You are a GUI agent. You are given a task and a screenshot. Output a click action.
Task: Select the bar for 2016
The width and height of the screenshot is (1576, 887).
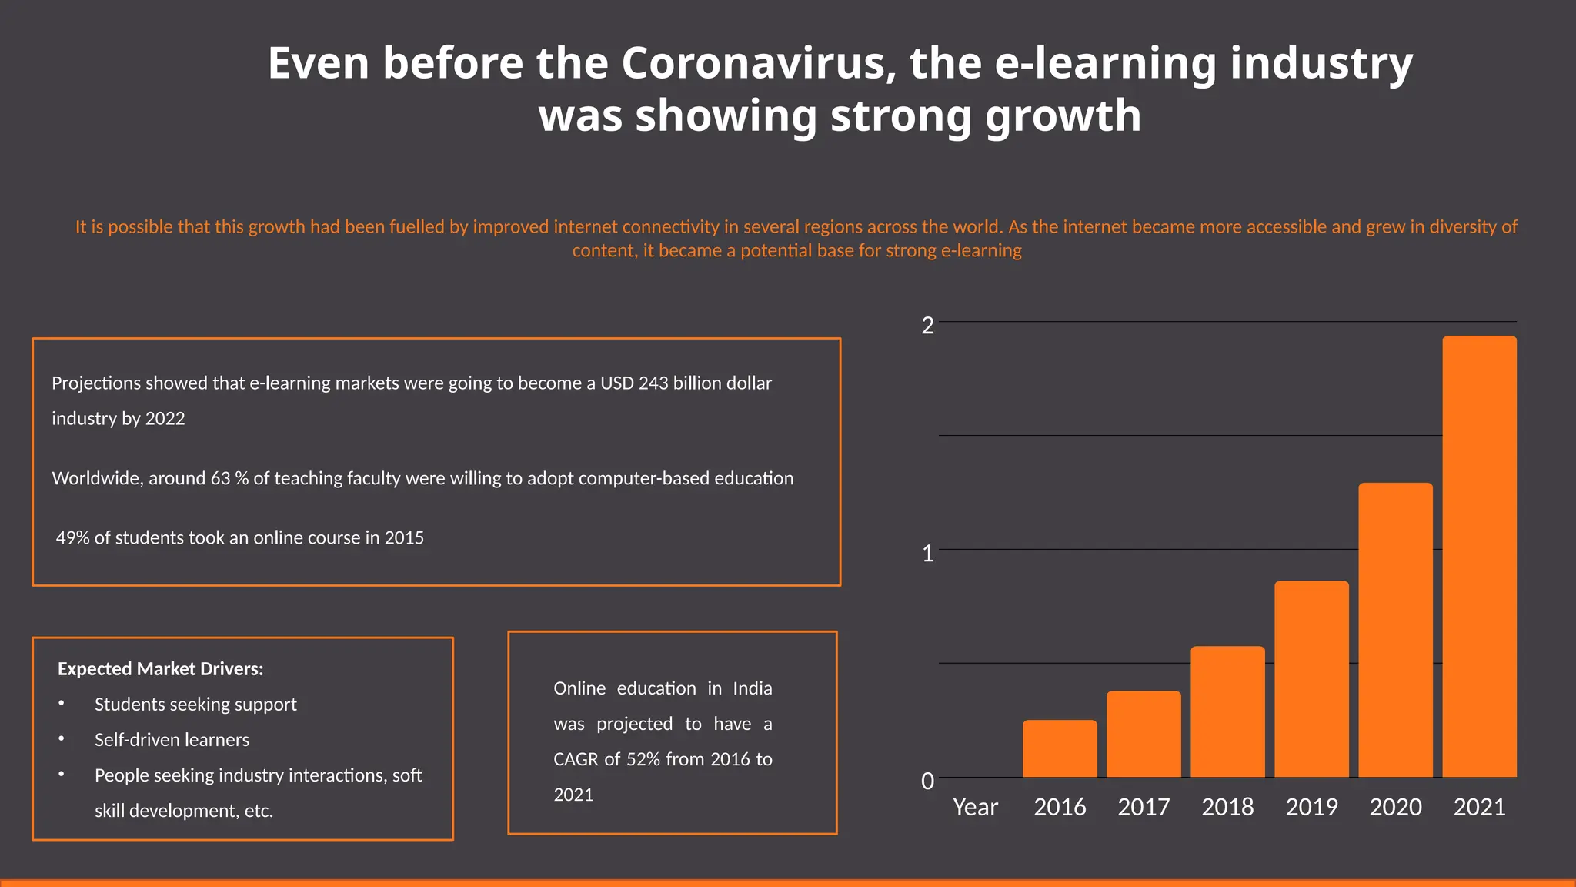click(x=1060, y=748)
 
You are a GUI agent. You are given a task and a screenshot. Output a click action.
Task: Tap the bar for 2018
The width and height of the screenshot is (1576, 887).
click(x=1227, y=711)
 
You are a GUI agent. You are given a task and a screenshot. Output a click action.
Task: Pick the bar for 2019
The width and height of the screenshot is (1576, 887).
click(x=1311, y=678)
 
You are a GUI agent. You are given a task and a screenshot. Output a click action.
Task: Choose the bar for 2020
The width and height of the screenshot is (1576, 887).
click(x=1395, y=630)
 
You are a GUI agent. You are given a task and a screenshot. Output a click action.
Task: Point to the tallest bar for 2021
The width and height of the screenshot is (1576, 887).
click(x=1479, y=556)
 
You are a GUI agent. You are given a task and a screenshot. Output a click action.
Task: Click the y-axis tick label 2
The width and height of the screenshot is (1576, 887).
click(x=927, y=326)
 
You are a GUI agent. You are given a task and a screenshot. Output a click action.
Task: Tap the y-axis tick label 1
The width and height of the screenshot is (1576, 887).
click(x=927, y=554)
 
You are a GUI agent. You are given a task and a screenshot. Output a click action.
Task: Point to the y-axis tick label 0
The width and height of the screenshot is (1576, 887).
click(x=927, y=782)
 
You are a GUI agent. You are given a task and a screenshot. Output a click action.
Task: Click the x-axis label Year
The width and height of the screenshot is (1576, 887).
click(x=975, y=807)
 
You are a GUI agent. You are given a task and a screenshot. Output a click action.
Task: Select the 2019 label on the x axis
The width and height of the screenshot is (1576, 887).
click(x=1311, y=807)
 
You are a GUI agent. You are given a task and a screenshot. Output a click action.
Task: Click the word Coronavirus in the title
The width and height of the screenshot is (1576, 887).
click(x=759, y=63)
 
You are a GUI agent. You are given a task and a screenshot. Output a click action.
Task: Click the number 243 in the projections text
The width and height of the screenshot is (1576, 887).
click(x=653, y=383)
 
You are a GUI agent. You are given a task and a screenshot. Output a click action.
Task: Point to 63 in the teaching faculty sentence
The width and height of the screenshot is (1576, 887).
click(x=220, y=479)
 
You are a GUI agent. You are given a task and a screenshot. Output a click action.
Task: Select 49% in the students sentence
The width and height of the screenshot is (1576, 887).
click(x=72, y=538)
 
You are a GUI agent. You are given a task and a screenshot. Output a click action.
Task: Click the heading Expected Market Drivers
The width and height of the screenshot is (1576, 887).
click(x=160, y=669)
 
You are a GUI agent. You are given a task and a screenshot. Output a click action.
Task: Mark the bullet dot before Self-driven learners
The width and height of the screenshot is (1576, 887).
click(x=62, y=738)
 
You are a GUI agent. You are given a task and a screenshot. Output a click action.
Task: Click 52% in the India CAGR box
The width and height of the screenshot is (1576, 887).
click(x=643, y=760)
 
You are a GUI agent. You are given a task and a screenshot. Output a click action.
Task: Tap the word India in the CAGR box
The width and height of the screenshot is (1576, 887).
click(x=752, y=688)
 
